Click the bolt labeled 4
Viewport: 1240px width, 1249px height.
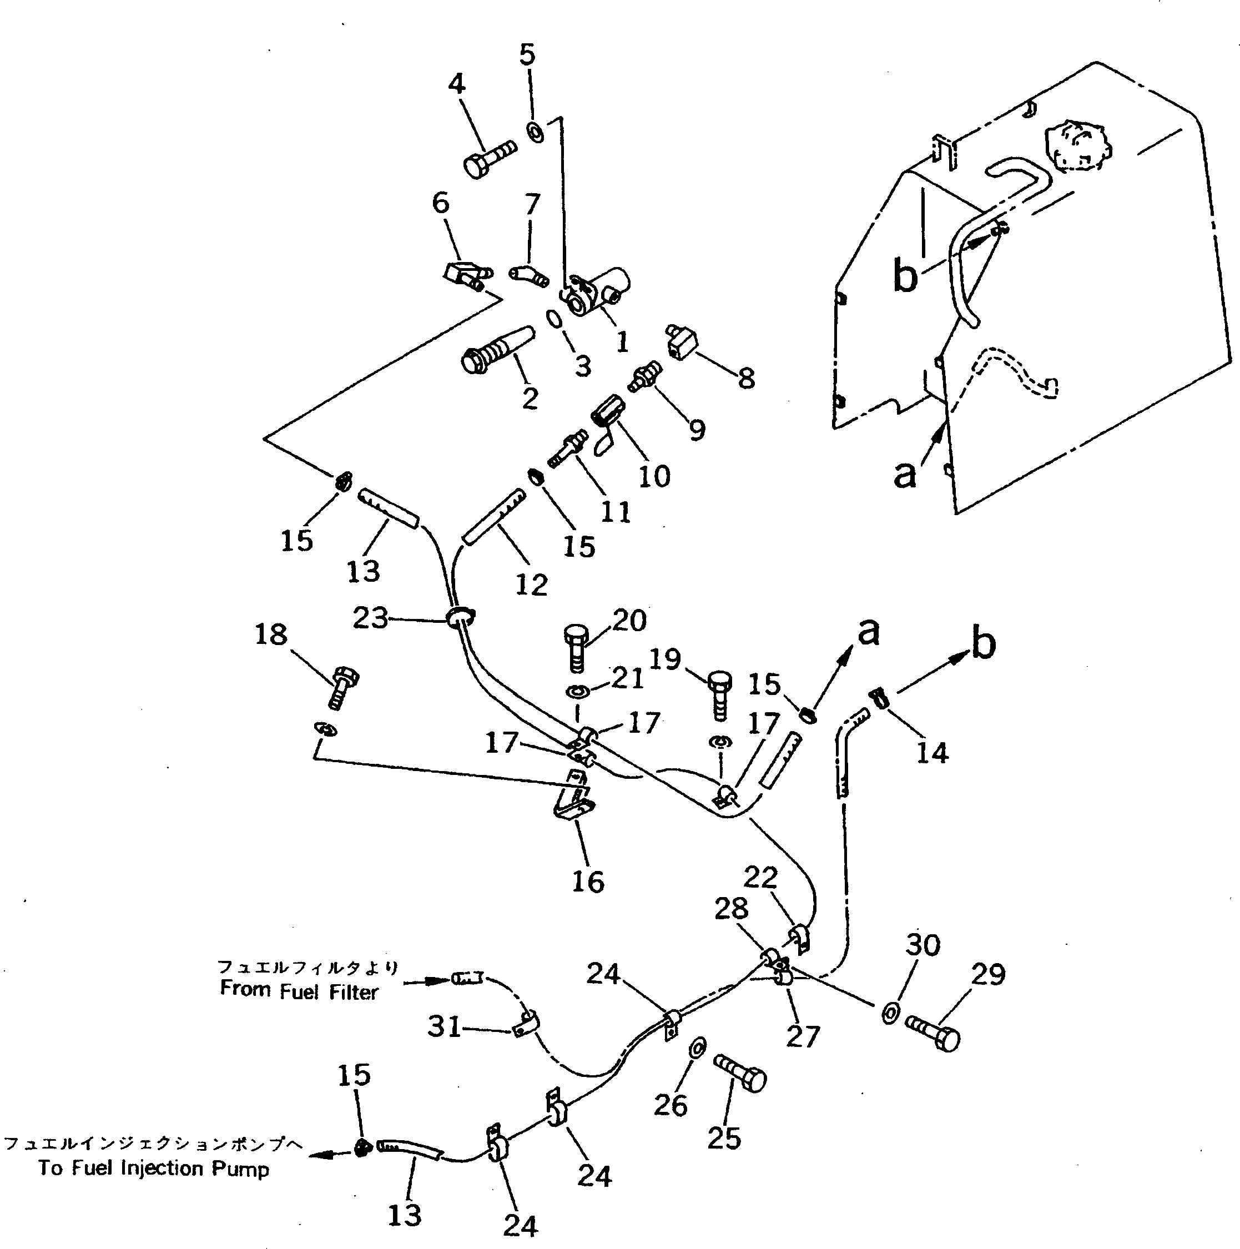[x=490, y=157]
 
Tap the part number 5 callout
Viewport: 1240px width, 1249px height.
[x=527, y=56]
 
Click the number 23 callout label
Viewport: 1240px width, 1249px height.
[x=370, y=619]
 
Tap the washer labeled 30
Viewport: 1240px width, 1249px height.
[x=889, y=1013]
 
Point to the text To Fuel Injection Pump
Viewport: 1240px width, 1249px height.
[x=153, y=1169]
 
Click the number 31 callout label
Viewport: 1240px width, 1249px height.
[x=445, y=1026]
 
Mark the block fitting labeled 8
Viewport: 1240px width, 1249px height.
[x=680, y=342]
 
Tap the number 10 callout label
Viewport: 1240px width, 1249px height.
[x=654, y=476]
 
